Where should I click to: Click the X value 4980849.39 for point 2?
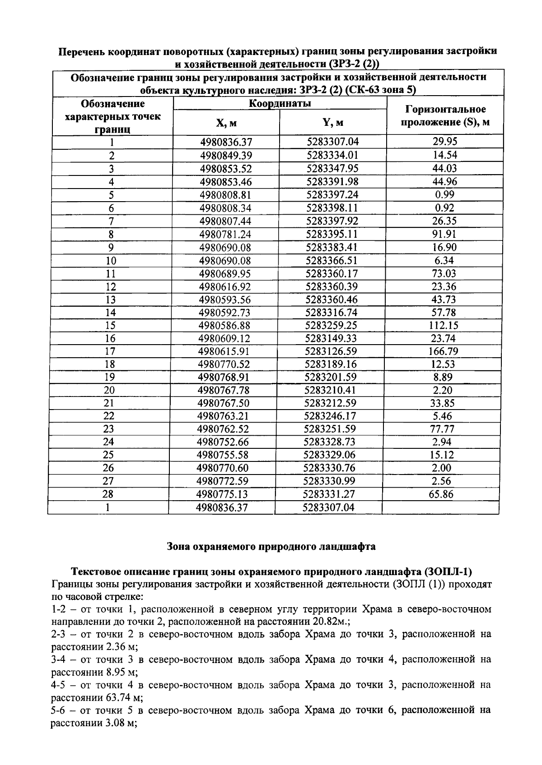click(x=226, y=156)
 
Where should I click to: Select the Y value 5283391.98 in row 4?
click(x=332, y=182)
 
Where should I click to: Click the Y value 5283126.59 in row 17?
click(x=332, y=351)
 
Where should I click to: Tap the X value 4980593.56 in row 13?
click(x=225, y=300)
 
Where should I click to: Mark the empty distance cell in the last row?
click(x=440, y=507)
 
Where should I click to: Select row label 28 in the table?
click(x=108, y=494)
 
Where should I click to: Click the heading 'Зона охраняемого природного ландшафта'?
click(x=271, y=546)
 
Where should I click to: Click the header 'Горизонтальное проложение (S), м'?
click(x=445, y=115)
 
